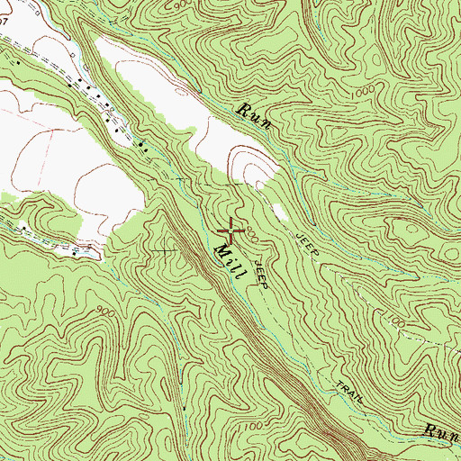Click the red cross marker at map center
(x=230, y=231)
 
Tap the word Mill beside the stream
(x=225, y=261)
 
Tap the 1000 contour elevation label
(x=363, y=93)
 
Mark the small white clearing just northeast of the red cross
(x=278, y=212)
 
